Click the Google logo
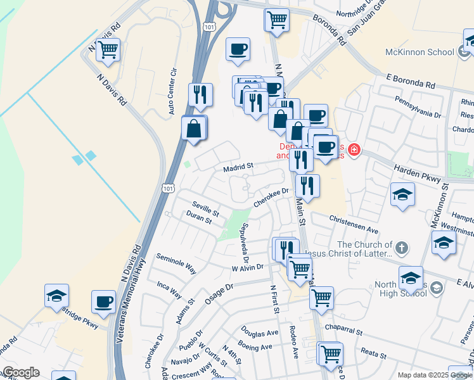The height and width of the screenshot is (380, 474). click(x=20, y=372)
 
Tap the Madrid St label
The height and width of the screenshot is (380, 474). click(x=238, y=167)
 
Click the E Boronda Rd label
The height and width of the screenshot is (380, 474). click(x=411, y=82)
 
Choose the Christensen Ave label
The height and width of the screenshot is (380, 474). click(x=354, y=225)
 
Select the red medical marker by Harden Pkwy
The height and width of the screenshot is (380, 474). click(x=353, y=150)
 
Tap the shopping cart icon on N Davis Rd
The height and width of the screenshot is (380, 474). click(x=108, y=49)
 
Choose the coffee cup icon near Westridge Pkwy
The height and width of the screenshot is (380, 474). click(x=103, y=301)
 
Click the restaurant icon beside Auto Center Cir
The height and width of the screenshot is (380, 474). click(x=200, y=94)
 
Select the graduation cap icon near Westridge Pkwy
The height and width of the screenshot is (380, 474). click(x=56, y=295)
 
